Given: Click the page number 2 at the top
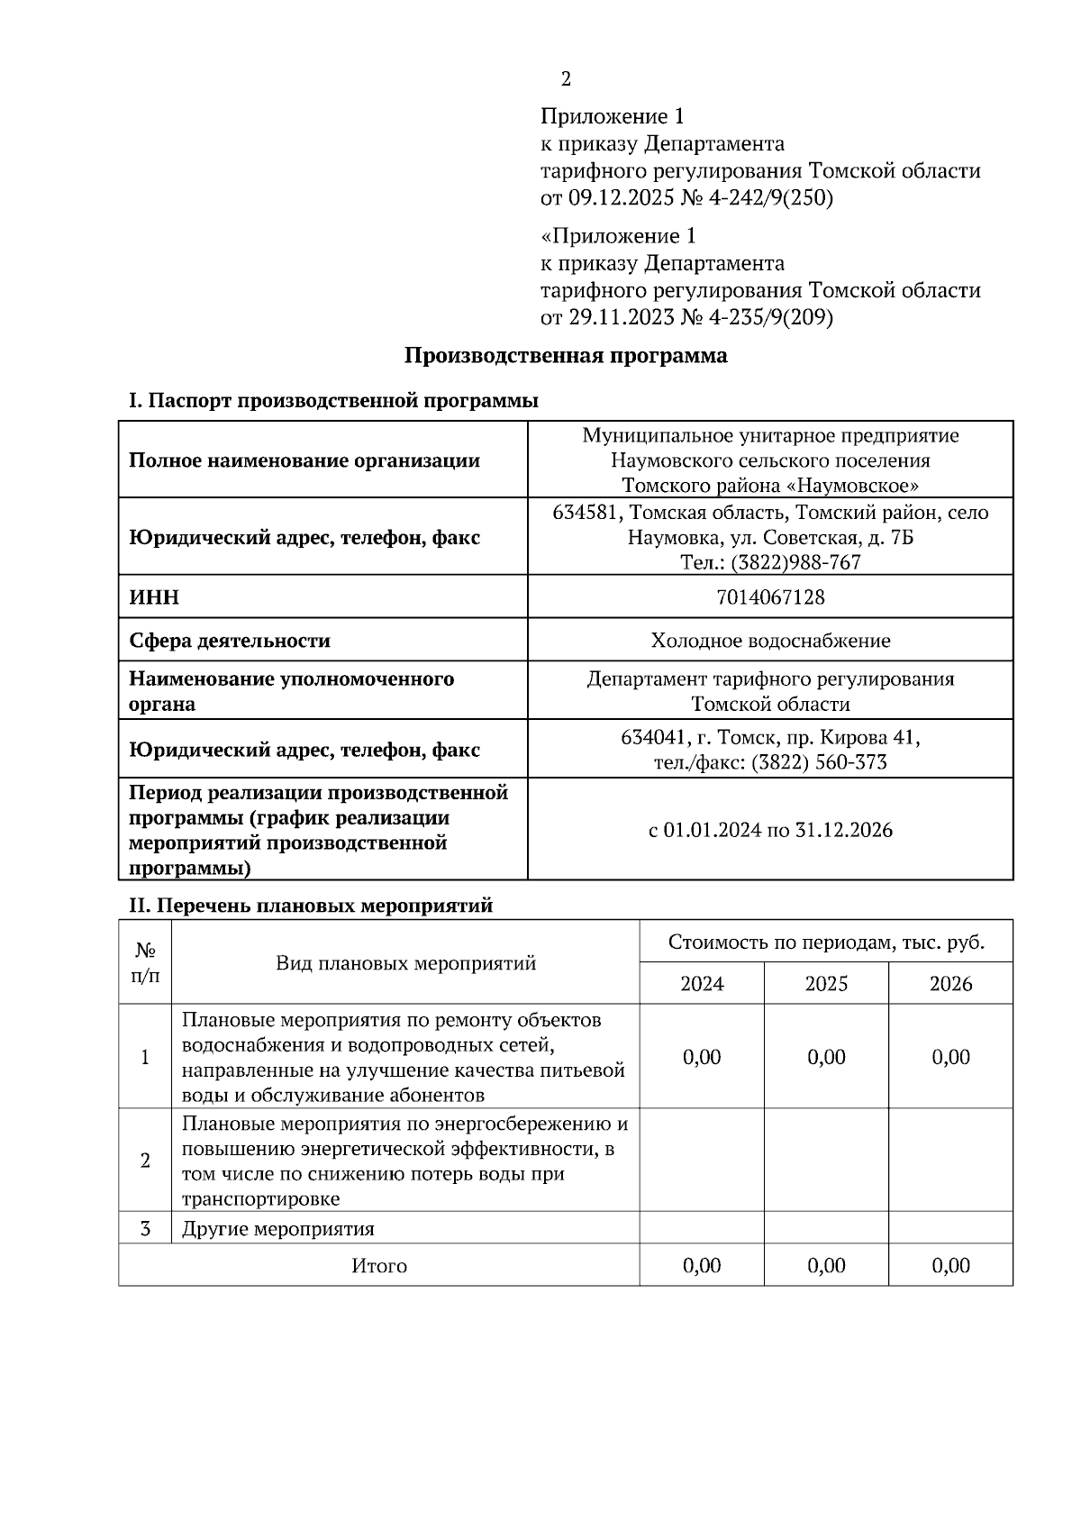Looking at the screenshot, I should tap(566, 79).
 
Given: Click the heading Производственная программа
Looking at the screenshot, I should tap(565, 356).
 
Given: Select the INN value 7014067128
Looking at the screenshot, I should tap(770, 597).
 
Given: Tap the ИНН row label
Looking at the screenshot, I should tap(154, 597).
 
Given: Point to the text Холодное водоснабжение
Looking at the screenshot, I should tap(770, 641).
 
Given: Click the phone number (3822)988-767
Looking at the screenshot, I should tap(795, 563).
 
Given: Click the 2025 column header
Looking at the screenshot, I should tap(826, 984).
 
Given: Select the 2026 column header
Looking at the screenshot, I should tap(950, 984).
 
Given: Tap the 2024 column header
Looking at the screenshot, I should tap(702, 984).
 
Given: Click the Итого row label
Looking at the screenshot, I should tap(379, 1266).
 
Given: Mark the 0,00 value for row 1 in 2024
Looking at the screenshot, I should tap(702, 1057).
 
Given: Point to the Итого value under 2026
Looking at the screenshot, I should tap(950, 1266).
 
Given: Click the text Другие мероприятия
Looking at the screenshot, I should tap(278, 1229).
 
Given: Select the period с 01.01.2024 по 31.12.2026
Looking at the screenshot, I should tap(770, 830).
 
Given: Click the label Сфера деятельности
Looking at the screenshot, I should tap(230, 641).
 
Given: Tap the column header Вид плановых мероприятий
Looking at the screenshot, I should tap(405, 963).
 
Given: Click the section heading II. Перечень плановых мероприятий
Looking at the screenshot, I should tap(311, 906).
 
